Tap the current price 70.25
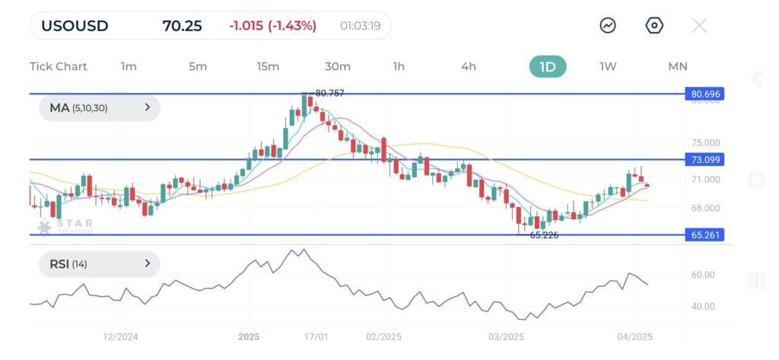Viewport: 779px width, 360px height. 182,26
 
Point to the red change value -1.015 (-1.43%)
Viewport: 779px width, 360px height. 272,26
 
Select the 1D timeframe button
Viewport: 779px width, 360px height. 548,66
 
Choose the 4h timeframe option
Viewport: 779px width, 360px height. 469,66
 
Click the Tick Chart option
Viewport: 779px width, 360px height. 59,66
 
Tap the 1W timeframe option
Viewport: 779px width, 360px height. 608,66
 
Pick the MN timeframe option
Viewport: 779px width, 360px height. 677,66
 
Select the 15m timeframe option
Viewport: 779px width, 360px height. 268,66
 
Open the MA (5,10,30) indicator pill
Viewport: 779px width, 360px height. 100,108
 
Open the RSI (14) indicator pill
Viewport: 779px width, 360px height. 100,264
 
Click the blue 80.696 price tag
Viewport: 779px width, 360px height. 704,94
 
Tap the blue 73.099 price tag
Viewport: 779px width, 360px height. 704,160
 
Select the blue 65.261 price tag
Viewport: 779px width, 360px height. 704,234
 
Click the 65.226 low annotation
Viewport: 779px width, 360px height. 544,235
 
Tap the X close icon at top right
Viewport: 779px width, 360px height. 699,26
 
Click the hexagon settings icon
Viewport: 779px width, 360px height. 654,26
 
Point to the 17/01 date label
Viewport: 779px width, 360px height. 316,336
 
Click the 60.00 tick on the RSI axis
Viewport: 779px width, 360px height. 704,275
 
